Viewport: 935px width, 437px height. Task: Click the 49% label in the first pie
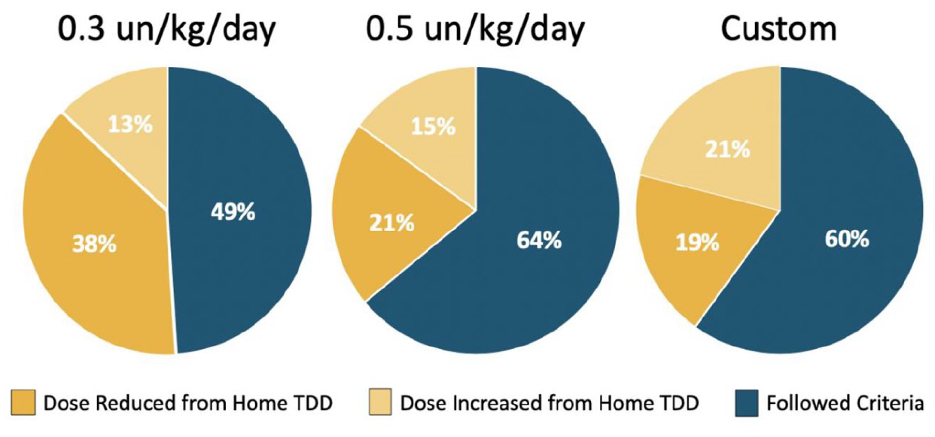coord(233,211)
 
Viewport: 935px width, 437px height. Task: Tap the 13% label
coord(130,124)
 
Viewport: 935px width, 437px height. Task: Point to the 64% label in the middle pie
coord(539,240)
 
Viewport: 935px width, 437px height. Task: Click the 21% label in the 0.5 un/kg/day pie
coord(391,223)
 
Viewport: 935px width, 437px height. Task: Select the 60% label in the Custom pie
coord(847,239)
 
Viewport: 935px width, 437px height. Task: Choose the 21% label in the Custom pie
coord(727,149)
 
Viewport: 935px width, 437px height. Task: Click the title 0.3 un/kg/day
coord(166,29)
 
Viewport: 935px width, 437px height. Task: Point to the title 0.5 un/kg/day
coord(476,29)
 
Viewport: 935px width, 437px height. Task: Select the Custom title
coord(779,29)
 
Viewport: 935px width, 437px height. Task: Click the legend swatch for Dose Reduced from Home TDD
coord(23,402)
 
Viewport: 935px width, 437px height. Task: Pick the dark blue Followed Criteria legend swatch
coord(746,404)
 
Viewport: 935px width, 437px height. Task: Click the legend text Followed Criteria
coord(845,403)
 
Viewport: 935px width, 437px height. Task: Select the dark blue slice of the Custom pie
coord(830,233)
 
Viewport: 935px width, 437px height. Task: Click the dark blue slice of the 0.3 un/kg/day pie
coord(238,208)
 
